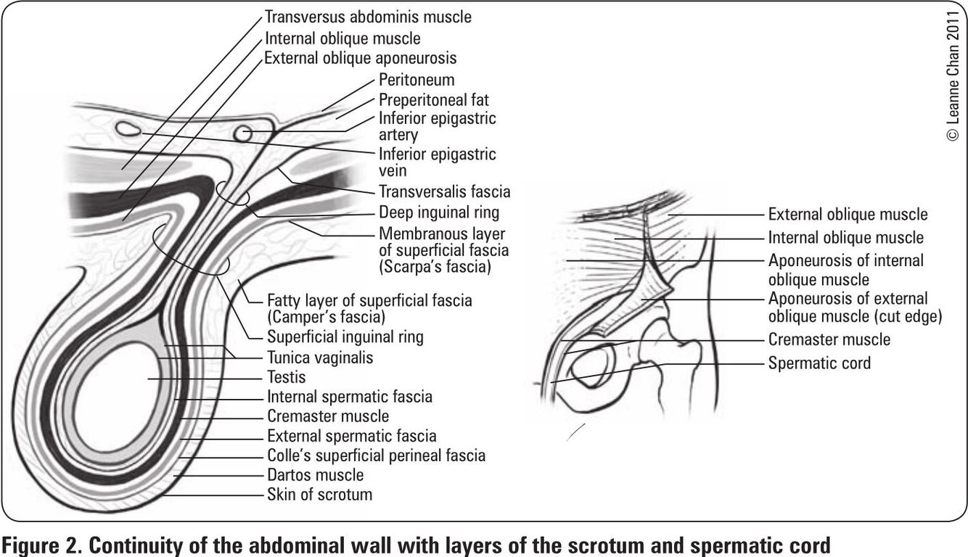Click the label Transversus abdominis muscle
pyautogui.click(x=368, y=16)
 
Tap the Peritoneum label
pyautogui.click(x=417, y=79)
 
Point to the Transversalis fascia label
pyautogui.click(x=444, y=192)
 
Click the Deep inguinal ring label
pyautogui.click(x=439, y=213)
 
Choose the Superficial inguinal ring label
pyautogui.click(x=345, y=337)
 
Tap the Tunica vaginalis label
pyautogui.click(x=320, y=358)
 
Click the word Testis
pyautogui.click(x=287, y=377)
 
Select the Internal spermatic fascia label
pyautogui.click(x=349, y=397)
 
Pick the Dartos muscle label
pyautogui.click(x=315, y=475)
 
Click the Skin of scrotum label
pyautogui.click(x=319, y=495)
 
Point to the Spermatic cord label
pyautogui.click(x=819, y=363)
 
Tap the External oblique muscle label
pyautogui.click(x=848, y=214)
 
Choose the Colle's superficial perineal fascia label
pyautogui.click(x=376, y=455)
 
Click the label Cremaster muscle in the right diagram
pyautogui.click(x=829, y=339)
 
